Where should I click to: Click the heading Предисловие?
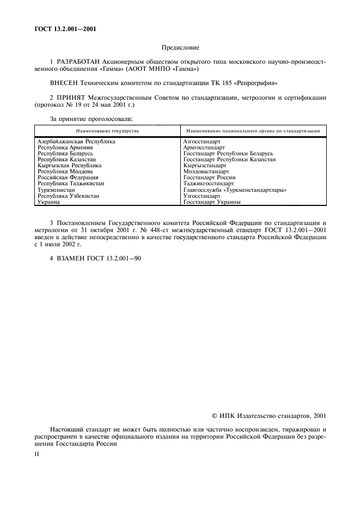(180, 48)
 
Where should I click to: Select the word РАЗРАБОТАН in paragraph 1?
(78, 62)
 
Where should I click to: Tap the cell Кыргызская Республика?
(69, 165)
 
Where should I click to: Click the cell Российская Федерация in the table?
(68, 177)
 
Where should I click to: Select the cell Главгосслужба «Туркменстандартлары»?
(235, 190)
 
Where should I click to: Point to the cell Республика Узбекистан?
(68, 196)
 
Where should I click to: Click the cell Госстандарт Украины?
(212, 202)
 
